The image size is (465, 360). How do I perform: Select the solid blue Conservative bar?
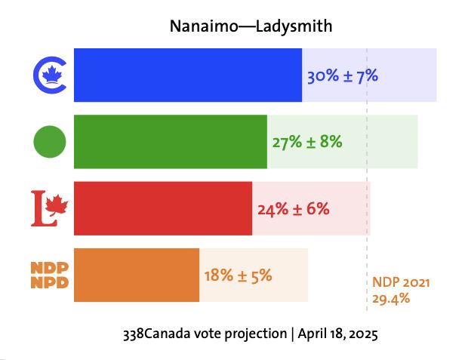click(x=187, y=75)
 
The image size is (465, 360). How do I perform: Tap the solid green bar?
click(x=170, y=141)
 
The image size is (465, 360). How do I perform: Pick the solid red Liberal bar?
click(x=162, y=208)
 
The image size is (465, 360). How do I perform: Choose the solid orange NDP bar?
click(x=136, y=275)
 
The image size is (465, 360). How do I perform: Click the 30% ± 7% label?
click(x=342, y=75)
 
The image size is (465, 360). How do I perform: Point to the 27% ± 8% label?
click(x=307, y=142)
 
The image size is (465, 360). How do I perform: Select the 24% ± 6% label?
click(x=294, y=209)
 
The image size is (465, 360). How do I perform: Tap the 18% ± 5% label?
click(x=238, y=275)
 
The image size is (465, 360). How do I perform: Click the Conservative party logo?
click(x=50, y=75)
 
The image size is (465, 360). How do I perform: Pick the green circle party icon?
click(x=50, y=141)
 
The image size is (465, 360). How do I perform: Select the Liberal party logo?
click(x=49, y=208)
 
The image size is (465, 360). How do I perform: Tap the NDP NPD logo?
click(x=50, y=275)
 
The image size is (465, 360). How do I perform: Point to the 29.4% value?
click(x=391, y=298)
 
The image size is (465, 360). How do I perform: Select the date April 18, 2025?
click(x=337, y=334)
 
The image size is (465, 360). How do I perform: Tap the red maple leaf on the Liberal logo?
click(x=57, y=204)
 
